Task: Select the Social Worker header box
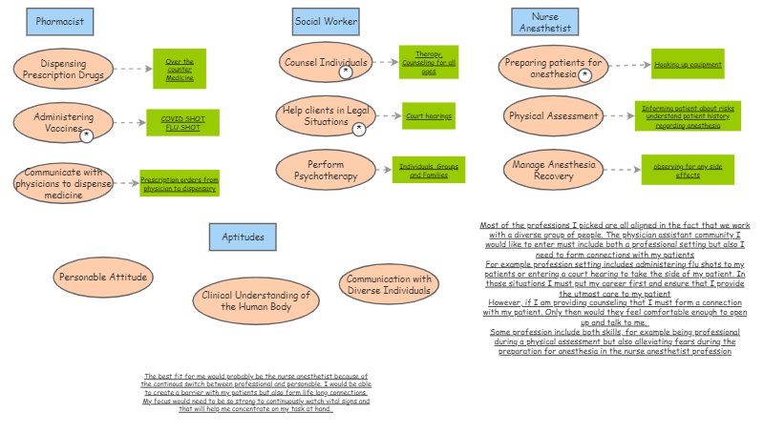pyautogui.click(x=327, y=21)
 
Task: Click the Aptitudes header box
pyautogui.click(x=243, y=237)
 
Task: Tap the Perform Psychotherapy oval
pyautogui.click(x=326, y=170)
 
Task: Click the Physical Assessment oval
pyautogui.click(x=552, y=116)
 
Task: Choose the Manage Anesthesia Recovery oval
pyautogui.click(x=554, y=170)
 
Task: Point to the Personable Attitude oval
pyautogui.click(x=102, y=277)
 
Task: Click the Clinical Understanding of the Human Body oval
pyautogui.click(x=255, y=300)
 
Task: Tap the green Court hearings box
pyautogui.click(x=428, y=116)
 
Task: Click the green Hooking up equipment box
pyautogui.click(x=688, y=65)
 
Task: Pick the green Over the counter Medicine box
pyautogui.click(x=179, y=69)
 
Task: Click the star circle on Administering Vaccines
pyautogui.click(x=87, y=136)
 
